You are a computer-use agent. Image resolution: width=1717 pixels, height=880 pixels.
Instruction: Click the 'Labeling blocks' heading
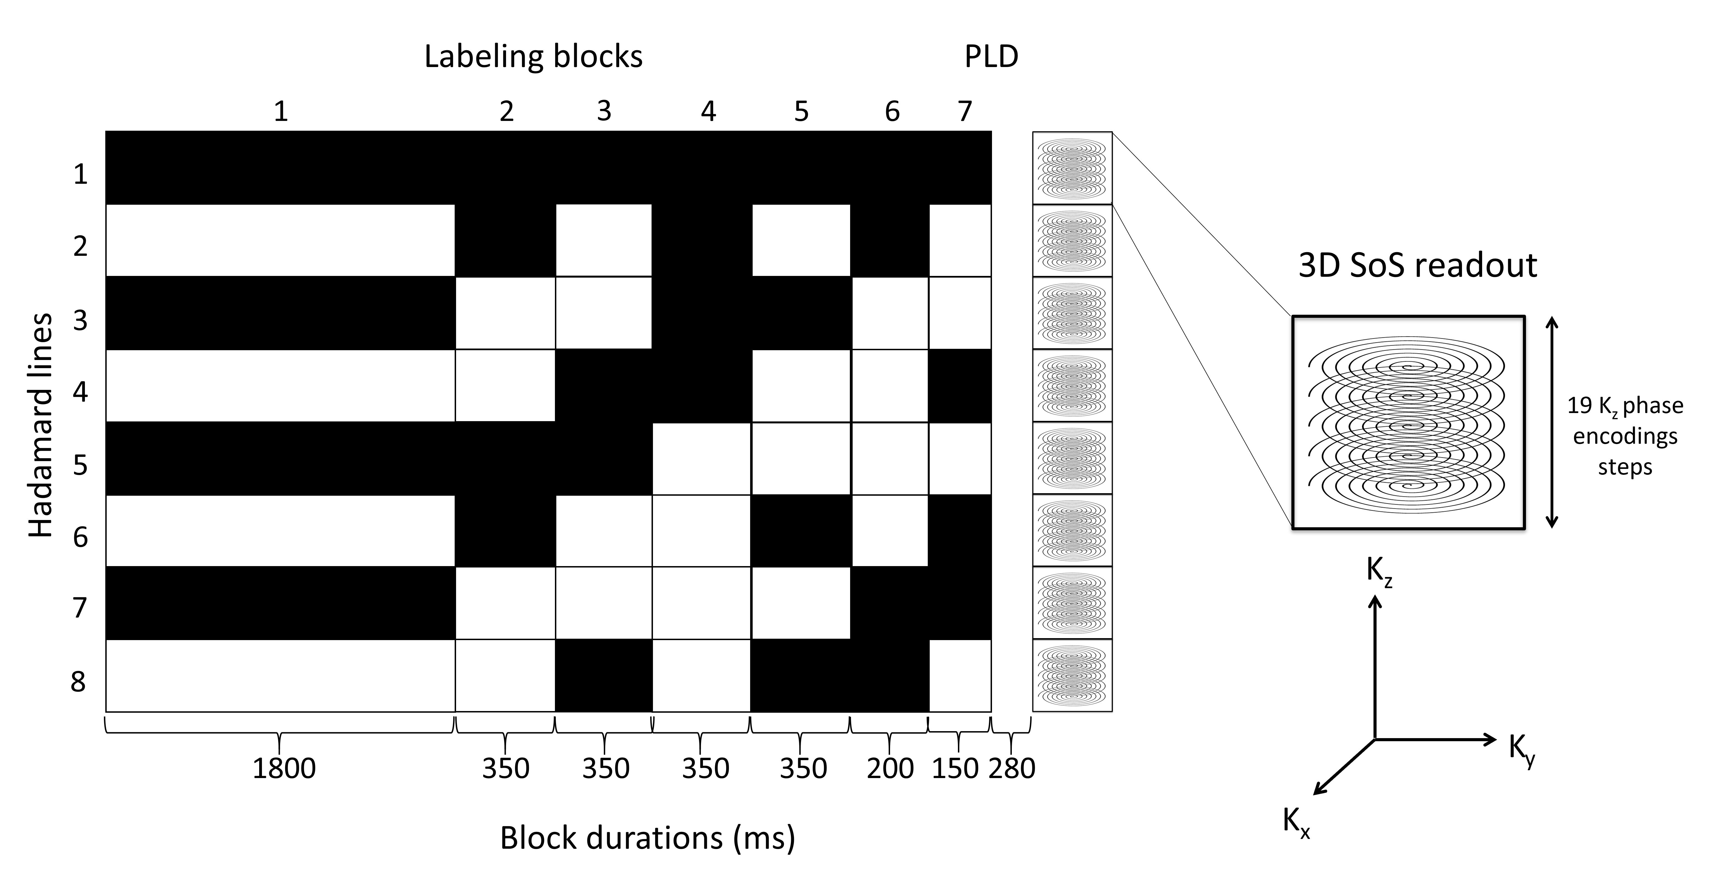click(533, 57)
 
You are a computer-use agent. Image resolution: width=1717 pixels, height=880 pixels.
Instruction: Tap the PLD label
click(991, 57)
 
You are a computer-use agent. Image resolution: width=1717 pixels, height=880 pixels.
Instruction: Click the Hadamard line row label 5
click(80, 465)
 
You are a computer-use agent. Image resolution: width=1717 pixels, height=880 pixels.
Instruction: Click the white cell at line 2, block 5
click(801, 240)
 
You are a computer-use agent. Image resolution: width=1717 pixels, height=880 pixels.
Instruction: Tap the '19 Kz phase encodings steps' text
click(1625, 436)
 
